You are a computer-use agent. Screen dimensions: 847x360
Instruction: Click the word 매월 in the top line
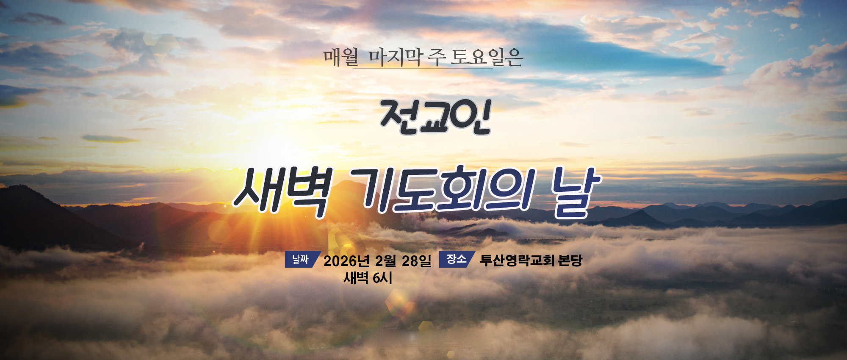click(341, 57)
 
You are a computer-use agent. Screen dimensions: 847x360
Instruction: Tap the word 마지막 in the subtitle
click(395, 57)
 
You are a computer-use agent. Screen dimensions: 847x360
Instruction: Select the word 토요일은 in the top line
click(487, 57)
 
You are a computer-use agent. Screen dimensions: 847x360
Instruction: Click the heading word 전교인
click(435, 117)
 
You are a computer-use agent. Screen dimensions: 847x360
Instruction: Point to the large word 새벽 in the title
click(281, 193)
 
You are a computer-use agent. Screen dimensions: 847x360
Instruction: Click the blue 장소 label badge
click(457, 259)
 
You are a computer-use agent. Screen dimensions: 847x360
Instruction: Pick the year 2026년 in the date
click(347, 261)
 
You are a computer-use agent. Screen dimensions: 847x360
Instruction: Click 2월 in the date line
click(385, 261)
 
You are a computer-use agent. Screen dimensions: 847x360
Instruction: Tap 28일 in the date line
click(417, 261)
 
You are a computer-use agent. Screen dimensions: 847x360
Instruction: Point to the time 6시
click(382, 278)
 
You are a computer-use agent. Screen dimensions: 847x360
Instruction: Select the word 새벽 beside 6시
click(356, 278)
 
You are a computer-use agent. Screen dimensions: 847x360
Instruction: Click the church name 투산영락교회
click(517, 260)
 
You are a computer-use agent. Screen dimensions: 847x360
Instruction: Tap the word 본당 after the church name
click(570, 260)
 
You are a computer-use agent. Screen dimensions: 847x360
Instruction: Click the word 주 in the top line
click(436, 57)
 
